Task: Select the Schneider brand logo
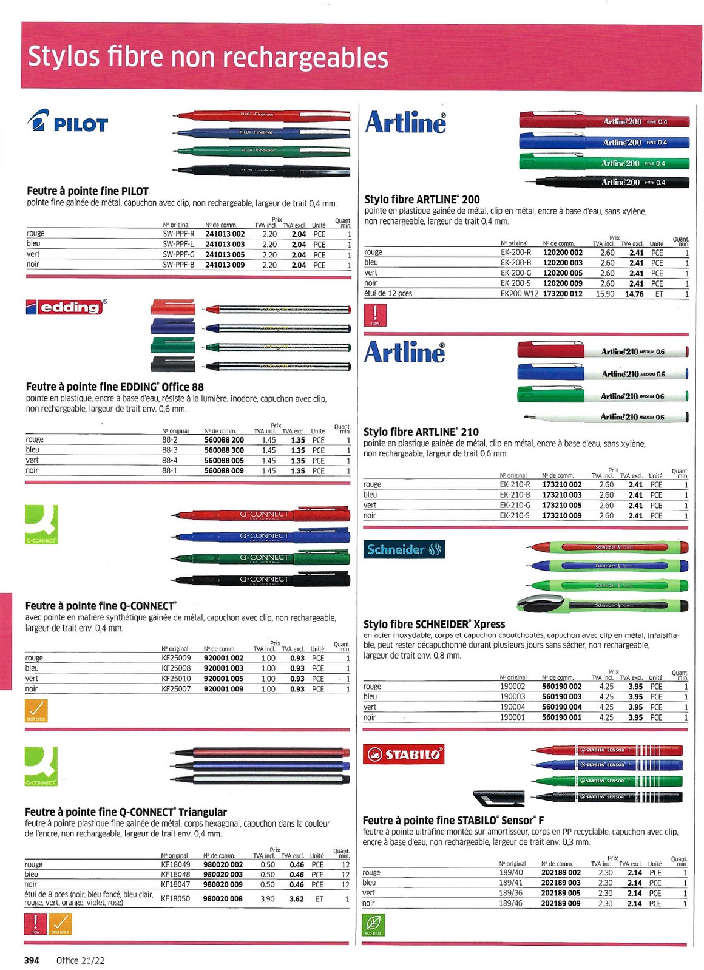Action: [404, 549]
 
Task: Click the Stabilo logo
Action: [404, 754]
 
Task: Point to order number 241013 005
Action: [225, 254]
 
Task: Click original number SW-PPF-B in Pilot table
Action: [178, 265]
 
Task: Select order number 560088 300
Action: [224, 450]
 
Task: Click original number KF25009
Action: [176, 658]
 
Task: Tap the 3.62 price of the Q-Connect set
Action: [296, 899]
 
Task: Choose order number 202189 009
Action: [561, 903]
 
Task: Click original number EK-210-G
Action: [515, 505]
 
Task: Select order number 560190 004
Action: [561, 707]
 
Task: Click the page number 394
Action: [32, 960]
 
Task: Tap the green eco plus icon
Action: [374, 926]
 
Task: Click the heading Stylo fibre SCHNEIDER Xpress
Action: [434, 624]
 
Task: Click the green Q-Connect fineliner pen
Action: [261, 558]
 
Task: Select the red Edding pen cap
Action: [172, 307]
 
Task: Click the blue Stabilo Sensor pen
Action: [607, 765]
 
